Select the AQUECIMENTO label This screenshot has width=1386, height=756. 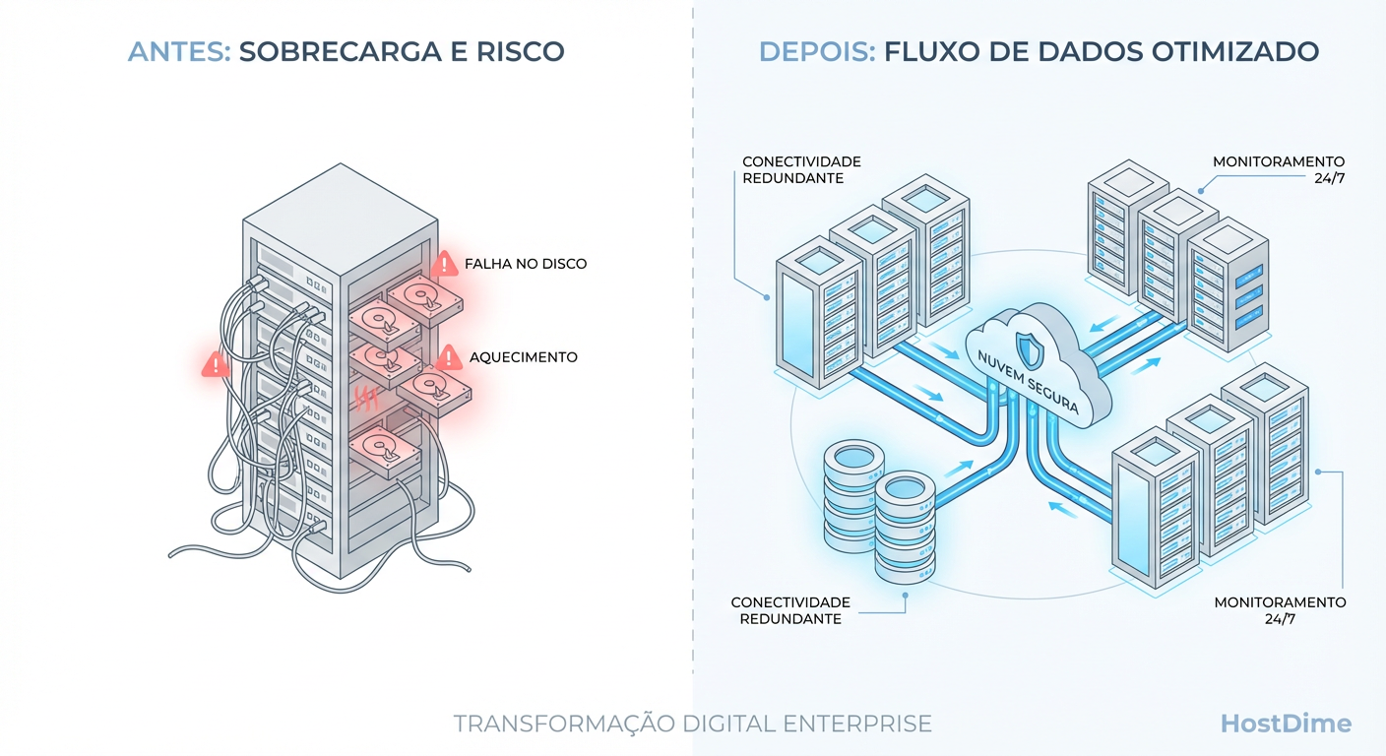523,357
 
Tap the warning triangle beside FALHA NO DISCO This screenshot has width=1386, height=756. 444,264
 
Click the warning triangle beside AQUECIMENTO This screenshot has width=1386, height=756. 449,356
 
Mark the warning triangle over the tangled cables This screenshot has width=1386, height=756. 215,364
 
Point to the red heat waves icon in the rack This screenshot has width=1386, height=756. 365,398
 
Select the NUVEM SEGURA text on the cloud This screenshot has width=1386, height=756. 1025,383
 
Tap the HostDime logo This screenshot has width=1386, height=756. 1286,724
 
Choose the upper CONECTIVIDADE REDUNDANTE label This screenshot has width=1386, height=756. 801,169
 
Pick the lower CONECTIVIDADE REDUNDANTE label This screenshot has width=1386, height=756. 790,610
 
